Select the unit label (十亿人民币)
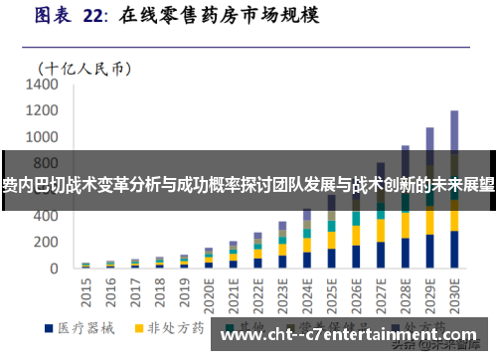[x=84, y=68]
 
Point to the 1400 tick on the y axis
[x=44, y=86]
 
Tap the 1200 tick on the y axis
[x=44, y=111]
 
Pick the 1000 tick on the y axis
[x=44, y=138]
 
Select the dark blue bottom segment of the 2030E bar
[x=454, y=250]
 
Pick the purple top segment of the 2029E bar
[x=430, y=139]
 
